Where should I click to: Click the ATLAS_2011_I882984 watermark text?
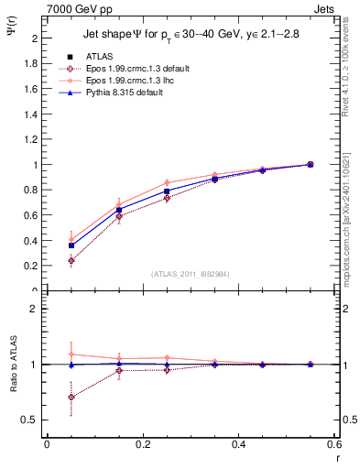[x=191, y=274]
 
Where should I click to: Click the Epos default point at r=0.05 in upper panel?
[x=71, y=261]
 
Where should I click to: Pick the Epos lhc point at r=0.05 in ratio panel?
[x=71, y=354]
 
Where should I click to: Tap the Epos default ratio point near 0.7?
[x=71, y=397]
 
